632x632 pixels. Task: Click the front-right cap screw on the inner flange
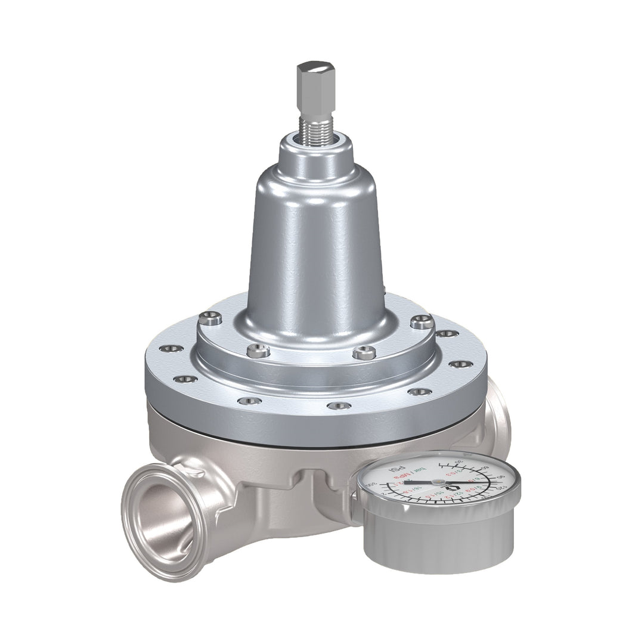364,353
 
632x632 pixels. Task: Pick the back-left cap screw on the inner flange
212,319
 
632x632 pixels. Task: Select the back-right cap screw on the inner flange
420,321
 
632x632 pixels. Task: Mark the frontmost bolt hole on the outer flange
339,405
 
